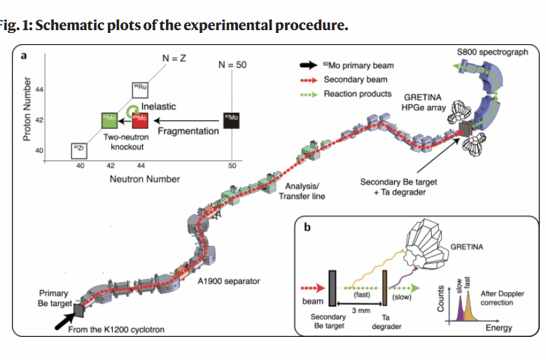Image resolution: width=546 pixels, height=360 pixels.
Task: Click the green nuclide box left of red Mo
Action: point(110,120)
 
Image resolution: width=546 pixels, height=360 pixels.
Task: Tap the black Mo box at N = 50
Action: point(230,120)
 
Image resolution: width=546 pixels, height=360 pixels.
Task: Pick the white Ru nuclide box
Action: point(140,89)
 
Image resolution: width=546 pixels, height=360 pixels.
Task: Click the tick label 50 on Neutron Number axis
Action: point(232,166)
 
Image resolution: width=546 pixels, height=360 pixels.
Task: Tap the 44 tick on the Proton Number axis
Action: point(39,90)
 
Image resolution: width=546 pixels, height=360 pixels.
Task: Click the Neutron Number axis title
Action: point(145,179)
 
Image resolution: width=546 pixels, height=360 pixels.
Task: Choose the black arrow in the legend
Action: point(307,66)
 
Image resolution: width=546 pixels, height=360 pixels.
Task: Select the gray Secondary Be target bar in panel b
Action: point(333,286)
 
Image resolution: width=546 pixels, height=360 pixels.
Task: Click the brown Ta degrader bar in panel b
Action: point(384,287)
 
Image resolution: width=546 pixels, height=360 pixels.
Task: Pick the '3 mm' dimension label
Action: point(359,310)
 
